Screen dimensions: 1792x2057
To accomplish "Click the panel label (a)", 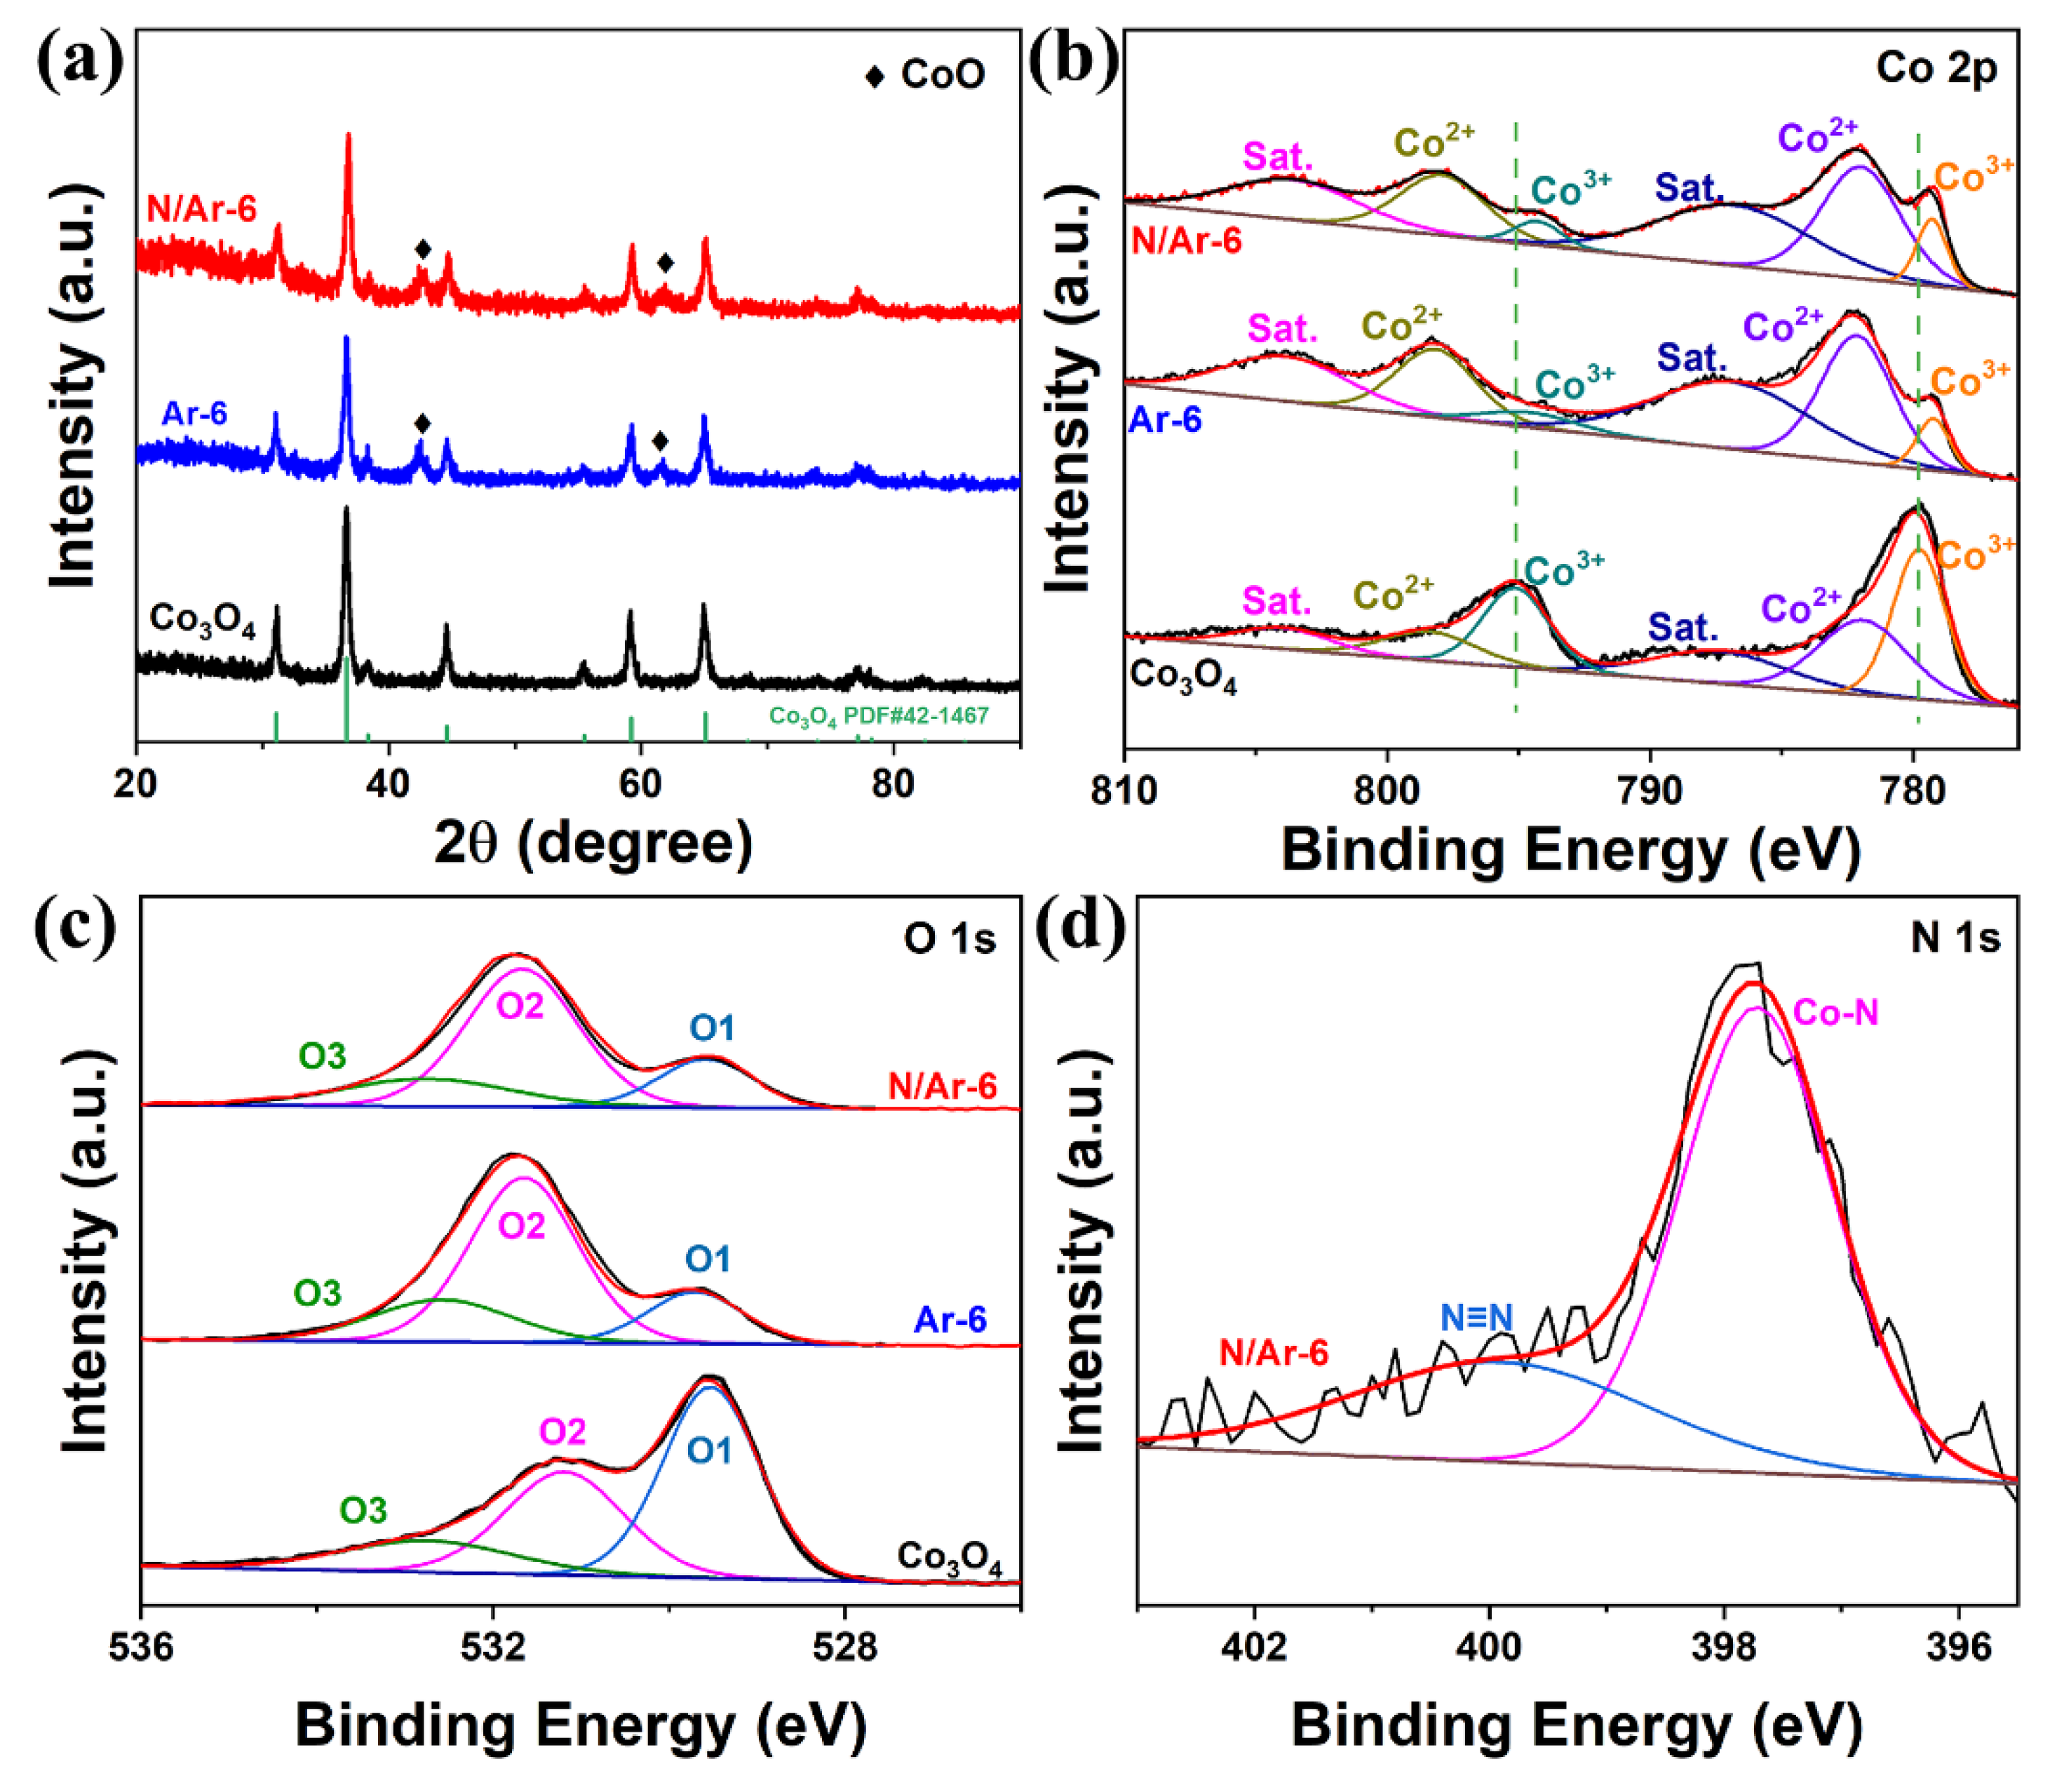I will [80, 62].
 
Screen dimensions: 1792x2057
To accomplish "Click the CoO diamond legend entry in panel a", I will [925, 75].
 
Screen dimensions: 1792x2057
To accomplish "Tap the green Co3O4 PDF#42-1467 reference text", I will [878, 716].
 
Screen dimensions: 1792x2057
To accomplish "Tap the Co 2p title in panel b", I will [1936, 68].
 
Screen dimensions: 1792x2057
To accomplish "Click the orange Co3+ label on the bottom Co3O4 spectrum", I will [1975, 553].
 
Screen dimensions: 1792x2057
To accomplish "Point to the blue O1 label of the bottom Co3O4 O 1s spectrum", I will [709, 1450].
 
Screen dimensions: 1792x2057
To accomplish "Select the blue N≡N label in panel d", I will [1476, 1318].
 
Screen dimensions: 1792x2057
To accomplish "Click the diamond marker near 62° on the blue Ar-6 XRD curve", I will [660, 441].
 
